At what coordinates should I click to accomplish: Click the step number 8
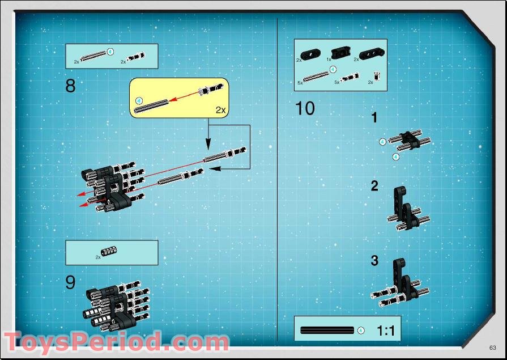(70, 86)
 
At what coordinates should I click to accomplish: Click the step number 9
(70, 282)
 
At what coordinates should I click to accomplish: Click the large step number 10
(305, 108)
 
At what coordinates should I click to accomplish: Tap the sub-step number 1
(374, 118)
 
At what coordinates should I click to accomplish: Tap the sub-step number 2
(374, 186)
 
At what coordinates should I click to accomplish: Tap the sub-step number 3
(374, 261)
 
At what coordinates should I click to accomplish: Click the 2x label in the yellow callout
(220, 110)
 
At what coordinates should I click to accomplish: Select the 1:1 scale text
(385, 331)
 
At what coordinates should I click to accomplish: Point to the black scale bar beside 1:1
(327, 330)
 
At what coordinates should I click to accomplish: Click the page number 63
(493, 347)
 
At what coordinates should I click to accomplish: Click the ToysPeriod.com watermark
(116, 342)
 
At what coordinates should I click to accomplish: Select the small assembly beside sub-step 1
(410, 139)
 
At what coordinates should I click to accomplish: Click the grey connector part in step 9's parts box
(109, 252)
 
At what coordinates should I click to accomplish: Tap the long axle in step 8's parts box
(93, 56)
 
